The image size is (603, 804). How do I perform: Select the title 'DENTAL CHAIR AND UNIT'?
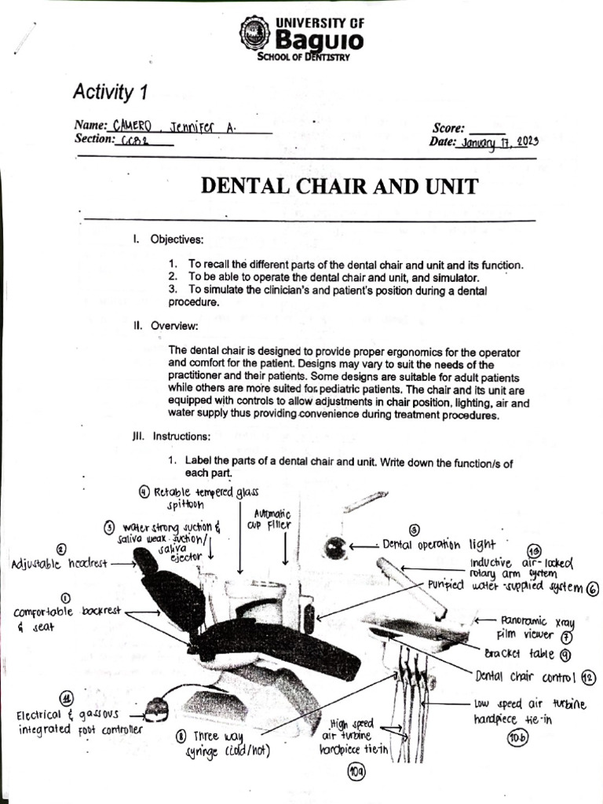(339, 186)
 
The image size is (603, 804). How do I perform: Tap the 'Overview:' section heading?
(174, 325)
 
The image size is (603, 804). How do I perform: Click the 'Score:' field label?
(448, 128)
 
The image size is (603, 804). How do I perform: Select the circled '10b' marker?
(517, 737)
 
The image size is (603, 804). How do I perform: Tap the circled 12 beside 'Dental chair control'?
(589, 678)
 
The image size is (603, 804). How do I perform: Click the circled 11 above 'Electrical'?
(68, 698)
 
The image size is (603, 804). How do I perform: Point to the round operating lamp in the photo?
(335, 547)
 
